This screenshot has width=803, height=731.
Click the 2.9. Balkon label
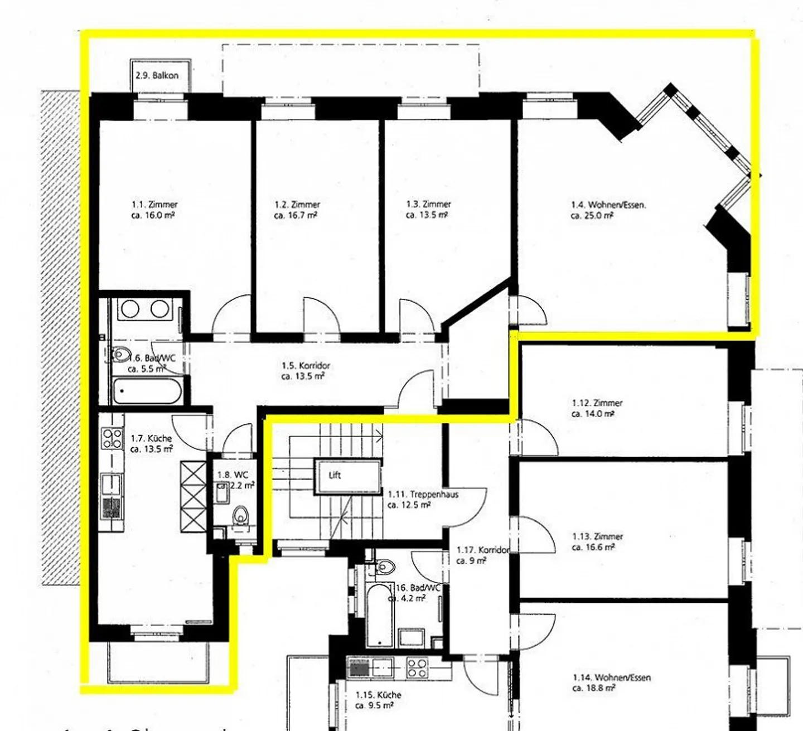tap(157, 75)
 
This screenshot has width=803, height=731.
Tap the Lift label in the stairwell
tap(335, 476)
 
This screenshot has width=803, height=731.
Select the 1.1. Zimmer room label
tap(154, 205)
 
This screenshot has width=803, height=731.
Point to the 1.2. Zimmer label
tap(297, 205)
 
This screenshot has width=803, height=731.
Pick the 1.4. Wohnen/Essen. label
tap(608, 205)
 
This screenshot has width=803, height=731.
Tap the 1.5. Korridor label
tap(306, 366)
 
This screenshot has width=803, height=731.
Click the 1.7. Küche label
tap(151, 438)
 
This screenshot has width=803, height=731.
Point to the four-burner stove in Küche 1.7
tap(112, 438)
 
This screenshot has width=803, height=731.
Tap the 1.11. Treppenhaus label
tap(423, 494)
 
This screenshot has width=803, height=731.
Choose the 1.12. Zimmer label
tap(597, 403)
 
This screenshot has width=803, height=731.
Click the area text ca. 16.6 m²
tap(593, 548)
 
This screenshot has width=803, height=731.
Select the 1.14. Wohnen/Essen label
tap(612, 678)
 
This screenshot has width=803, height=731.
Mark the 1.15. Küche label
tap(378, 695)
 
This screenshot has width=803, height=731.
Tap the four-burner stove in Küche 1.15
tap(417, 667)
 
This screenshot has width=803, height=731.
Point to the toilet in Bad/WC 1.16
tap(384, 567)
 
